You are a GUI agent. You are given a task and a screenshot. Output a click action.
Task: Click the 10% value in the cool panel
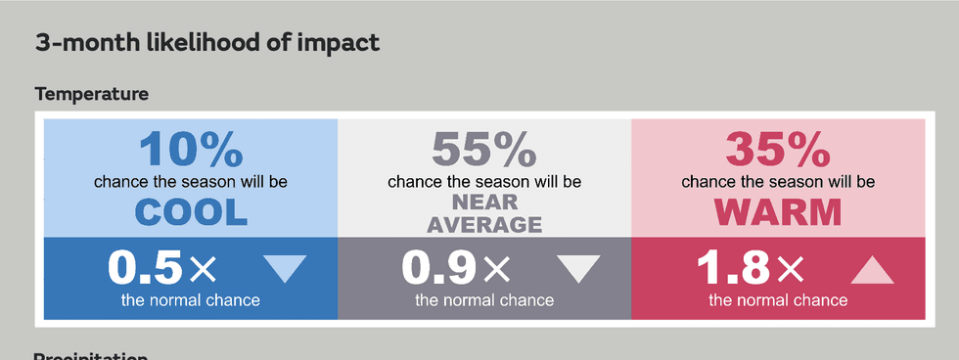tap(191, 150)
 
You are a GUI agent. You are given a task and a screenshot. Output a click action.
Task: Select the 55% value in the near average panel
tap(484, 150)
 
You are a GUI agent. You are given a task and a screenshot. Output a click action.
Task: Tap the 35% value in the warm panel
tap(778, 150)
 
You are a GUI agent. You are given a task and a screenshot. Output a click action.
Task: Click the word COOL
tap(191, 211)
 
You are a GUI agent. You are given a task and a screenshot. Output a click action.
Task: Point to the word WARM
tap(778, 211)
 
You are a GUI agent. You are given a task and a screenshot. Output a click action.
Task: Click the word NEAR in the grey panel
tap(484, 203)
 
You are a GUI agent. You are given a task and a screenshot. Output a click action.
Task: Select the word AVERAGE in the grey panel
tap(484, 224)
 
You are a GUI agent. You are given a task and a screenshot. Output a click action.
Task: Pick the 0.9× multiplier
tap(455, 266)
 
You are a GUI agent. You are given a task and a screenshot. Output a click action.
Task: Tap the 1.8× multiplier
tap(750, 266)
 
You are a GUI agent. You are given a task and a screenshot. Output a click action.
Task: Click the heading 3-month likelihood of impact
tap(207, 43)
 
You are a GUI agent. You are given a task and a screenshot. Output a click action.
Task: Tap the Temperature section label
tap(92, 94)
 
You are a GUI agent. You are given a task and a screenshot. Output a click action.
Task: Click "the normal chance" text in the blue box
tap(191, 299)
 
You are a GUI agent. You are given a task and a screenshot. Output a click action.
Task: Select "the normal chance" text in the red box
tap(778, 299)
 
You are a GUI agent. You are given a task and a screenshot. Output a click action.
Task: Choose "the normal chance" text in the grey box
tap(484, 299)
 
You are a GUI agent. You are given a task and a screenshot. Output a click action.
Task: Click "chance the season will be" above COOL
tap(191, 182)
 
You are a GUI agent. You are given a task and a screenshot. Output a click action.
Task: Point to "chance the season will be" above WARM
tap(778, 182)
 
